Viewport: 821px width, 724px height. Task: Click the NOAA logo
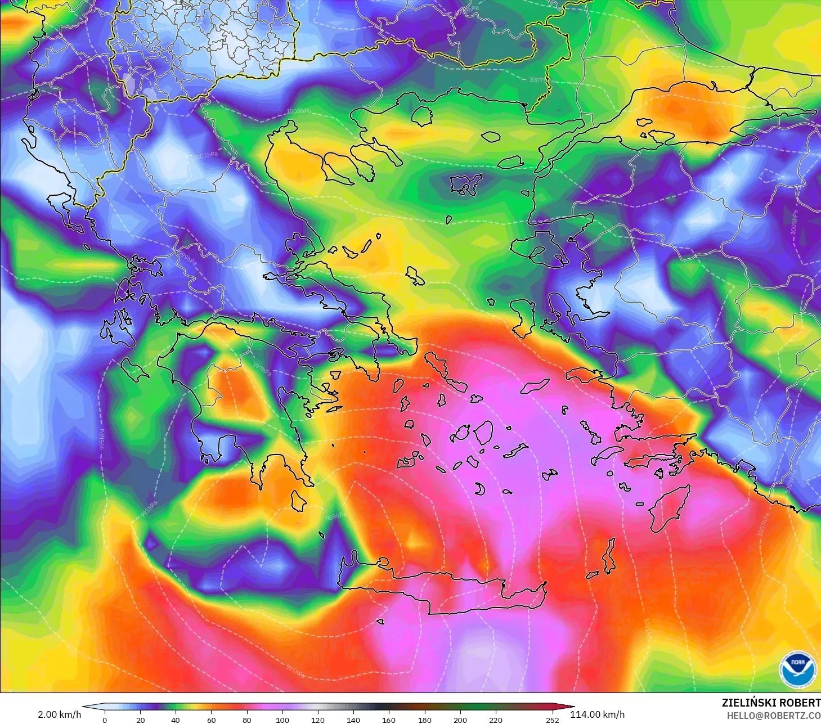click(797, 669)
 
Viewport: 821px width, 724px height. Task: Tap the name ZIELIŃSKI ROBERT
click(770, 703)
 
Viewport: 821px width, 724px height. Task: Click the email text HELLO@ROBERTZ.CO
click(773, 716)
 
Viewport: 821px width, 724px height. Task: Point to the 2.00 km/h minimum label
click(59, 714)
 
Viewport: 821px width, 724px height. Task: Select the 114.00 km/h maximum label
click(597, 714)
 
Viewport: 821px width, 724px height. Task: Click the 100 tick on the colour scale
click(282, 719)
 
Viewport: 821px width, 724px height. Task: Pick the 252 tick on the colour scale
click(552, 719)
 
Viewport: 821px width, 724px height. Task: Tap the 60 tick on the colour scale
click(211, 719)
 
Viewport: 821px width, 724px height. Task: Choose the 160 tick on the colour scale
click(389, 719)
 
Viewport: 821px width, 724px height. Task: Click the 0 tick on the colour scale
click(105, 719)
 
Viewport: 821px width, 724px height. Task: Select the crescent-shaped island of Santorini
click(480, 489)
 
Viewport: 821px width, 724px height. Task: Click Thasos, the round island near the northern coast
click(421, 115)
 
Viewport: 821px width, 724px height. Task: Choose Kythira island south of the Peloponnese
click(298, 500)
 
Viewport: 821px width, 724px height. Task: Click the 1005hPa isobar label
click(298, 111)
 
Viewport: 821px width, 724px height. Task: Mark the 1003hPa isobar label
click(205, 155)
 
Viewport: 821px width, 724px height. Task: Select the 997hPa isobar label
click(262, 369)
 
